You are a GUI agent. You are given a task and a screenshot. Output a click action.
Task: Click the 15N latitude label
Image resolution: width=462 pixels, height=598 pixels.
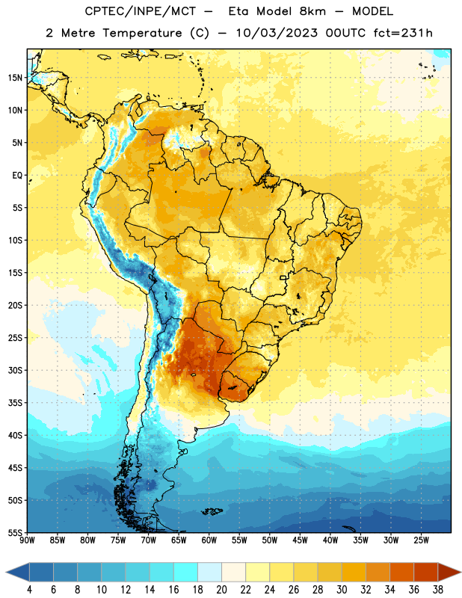(15, 78)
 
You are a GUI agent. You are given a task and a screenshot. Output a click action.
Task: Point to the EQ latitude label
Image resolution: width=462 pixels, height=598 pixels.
(17, 176)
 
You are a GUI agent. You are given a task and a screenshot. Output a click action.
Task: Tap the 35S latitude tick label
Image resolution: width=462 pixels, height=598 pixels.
(15, 403)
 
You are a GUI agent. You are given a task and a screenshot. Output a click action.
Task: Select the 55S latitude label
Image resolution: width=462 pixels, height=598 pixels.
(15, 533)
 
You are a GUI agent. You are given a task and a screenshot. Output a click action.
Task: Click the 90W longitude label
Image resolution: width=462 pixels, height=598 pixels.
(27, 540)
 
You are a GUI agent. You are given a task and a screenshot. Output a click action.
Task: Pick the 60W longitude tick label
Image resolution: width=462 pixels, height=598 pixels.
(209, 540)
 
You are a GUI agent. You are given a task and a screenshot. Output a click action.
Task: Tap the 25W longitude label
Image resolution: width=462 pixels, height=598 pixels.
(421, 540)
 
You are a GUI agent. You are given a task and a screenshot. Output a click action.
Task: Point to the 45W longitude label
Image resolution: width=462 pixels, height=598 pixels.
(300, 540)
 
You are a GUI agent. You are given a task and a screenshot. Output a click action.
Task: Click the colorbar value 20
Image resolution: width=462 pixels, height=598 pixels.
(221, 590)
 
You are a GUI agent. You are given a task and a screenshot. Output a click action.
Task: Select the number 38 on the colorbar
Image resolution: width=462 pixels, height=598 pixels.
(438, 590)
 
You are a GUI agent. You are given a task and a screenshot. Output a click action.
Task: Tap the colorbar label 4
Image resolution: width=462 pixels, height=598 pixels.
(29, 590)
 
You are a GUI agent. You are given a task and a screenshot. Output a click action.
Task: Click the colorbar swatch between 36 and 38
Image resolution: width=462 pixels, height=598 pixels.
(426, 572)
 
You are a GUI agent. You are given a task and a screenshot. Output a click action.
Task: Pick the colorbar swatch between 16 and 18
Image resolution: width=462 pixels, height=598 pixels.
(186, 572)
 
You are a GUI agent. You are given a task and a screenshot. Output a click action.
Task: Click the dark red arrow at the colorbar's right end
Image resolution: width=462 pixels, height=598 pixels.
(449, 572)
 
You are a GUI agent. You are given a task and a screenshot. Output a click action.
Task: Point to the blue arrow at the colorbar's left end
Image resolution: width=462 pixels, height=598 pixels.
(17, 572)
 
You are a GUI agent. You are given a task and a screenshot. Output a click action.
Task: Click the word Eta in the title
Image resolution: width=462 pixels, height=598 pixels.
(238, 11)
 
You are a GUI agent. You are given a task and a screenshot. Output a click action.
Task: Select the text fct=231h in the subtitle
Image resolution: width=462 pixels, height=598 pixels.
(403, 33)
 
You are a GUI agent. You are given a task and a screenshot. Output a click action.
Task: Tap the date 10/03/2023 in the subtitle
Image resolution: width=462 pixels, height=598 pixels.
(277, 33)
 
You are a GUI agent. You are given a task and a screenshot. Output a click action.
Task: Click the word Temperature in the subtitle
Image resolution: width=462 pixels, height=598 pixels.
(142, 33)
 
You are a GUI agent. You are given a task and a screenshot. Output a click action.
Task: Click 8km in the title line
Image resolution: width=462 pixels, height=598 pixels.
(312, 11)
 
